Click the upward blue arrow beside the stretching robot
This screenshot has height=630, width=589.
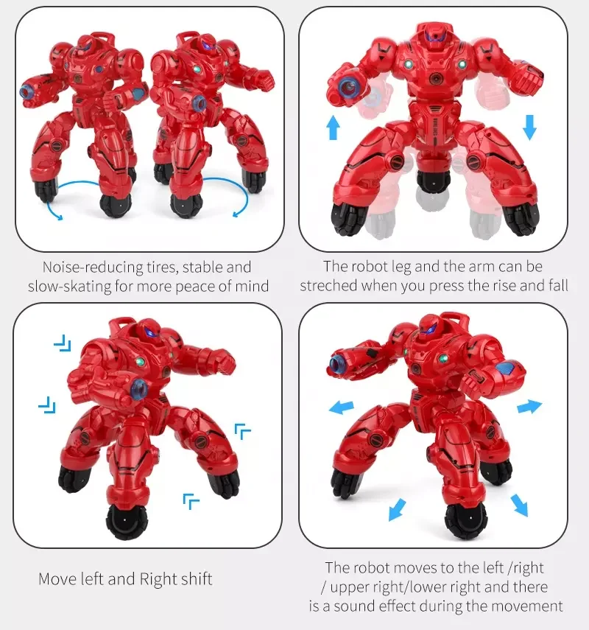[333, 128]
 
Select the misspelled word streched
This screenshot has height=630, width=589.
[328, 286]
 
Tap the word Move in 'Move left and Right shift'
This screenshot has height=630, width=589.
[57, 579]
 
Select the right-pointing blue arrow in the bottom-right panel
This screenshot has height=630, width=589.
[529, 406]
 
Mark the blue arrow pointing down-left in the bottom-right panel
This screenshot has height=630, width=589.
[397, 508]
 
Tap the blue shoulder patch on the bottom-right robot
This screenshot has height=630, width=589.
[507, 369]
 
